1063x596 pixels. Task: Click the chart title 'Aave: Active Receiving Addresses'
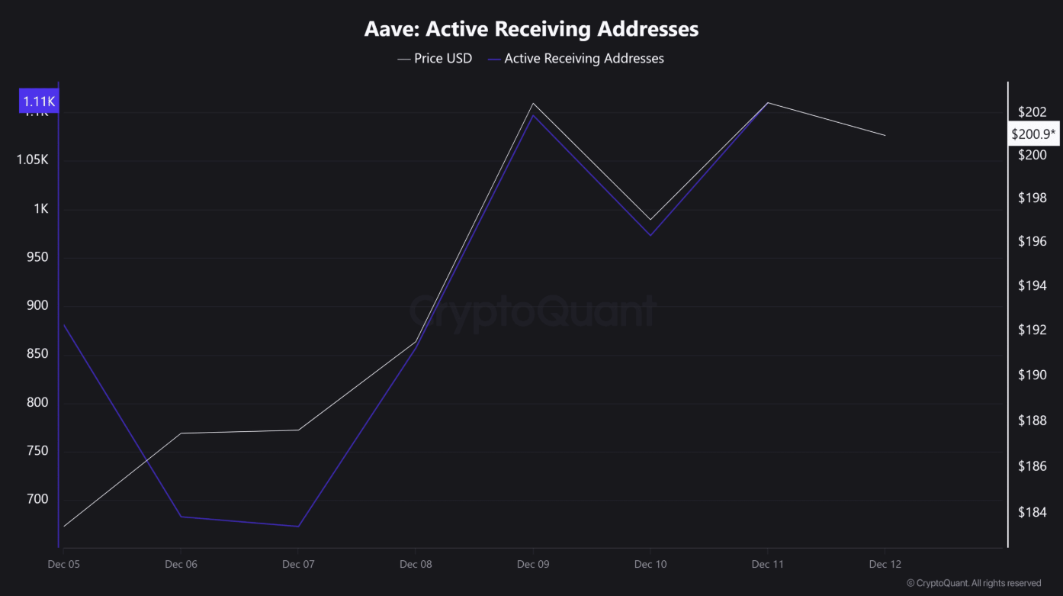point(531,29)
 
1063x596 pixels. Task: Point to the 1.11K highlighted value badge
point(40,101)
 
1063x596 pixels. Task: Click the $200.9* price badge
point(1033,134)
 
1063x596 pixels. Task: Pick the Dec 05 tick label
point(63,564)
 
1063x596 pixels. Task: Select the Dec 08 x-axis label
point(416,564)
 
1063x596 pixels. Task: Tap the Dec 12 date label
point(885,564)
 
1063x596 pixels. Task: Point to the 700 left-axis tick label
point(37,499)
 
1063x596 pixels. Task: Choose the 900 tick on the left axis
point(37,305)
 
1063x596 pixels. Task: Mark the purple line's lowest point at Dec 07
point(298,526)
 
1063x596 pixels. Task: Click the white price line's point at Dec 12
point(885,135)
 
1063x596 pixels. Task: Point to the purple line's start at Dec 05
point(63,325)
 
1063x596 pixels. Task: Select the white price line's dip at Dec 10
point(650,220)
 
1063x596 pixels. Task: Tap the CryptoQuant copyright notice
point(974,583)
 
